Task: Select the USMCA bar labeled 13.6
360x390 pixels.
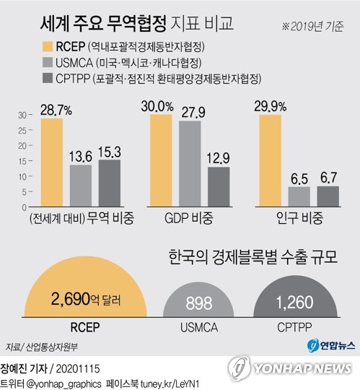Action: (81, 186)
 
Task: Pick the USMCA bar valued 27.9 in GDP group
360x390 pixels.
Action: (190, 163)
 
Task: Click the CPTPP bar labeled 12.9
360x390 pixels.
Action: (219, 188)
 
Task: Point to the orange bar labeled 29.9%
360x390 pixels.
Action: (268, 161)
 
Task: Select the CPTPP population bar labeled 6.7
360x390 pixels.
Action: (327, 197)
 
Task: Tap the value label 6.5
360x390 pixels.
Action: (298, 176)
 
